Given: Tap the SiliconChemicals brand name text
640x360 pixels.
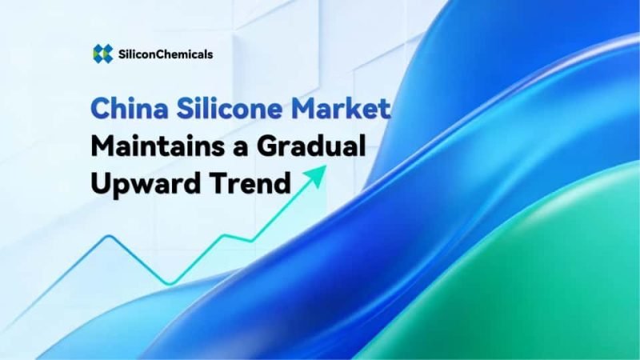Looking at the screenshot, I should click(x=164, y=54).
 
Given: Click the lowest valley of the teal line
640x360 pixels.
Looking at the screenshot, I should click(x=169, y=283).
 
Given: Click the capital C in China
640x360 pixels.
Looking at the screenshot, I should click(x=101, y=109).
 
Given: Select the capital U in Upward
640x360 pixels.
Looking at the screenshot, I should click(x=102, y=184).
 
